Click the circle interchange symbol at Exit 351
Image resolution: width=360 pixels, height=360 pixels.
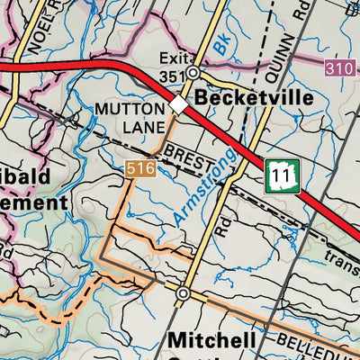(x=193, y=75)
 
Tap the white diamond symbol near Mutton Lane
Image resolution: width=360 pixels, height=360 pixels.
(x=178, y=107)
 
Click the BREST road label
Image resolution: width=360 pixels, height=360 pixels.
(x=191, y=158)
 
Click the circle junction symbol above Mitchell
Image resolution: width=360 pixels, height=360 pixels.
(x=183, y=293)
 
